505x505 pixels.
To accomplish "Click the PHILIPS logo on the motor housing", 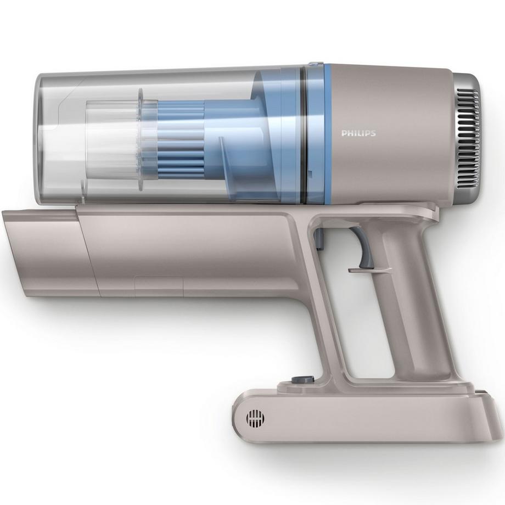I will click(x=358, y=133).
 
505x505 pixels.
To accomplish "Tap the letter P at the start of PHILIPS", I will click(x=344, y=133).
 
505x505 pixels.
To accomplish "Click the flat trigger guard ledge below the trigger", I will click(x=369, y=270).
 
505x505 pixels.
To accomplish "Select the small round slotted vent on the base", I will click(x=255, y=418).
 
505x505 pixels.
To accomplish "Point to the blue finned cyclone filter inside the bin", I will click(x=181, y=140).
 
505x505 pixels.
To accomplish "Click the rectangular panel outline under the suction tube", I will click(x=159, y=286).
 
